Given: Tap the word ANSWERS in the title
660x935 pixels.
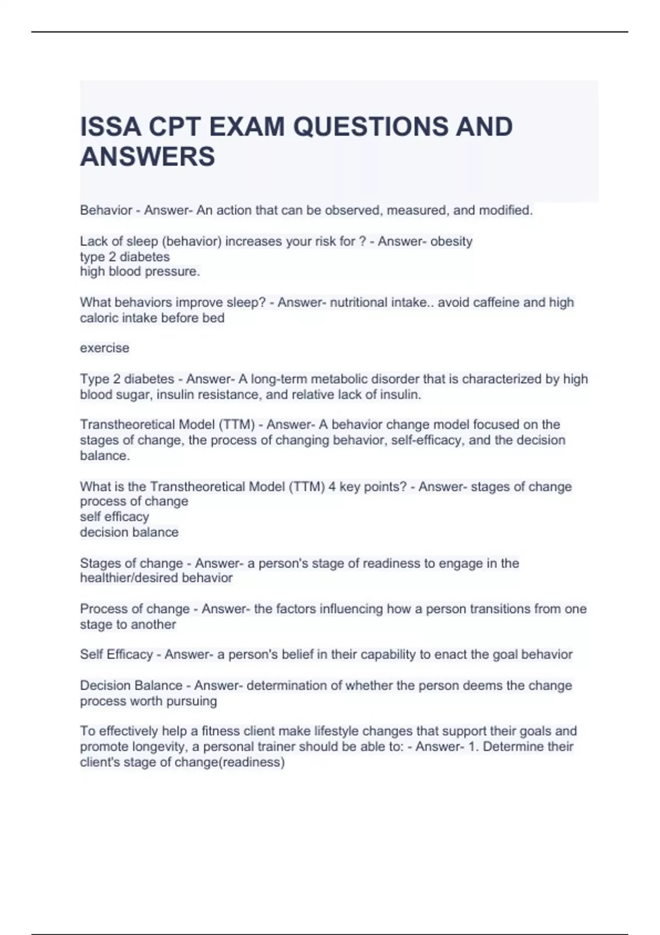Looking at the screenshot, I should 147,157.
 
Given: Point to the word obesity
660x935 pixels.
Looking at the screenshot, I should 452,241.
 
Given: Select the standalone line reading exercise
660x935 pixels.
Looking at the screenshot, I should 105,348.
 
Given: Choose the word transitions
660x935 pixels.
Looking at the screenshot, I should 490,609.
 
